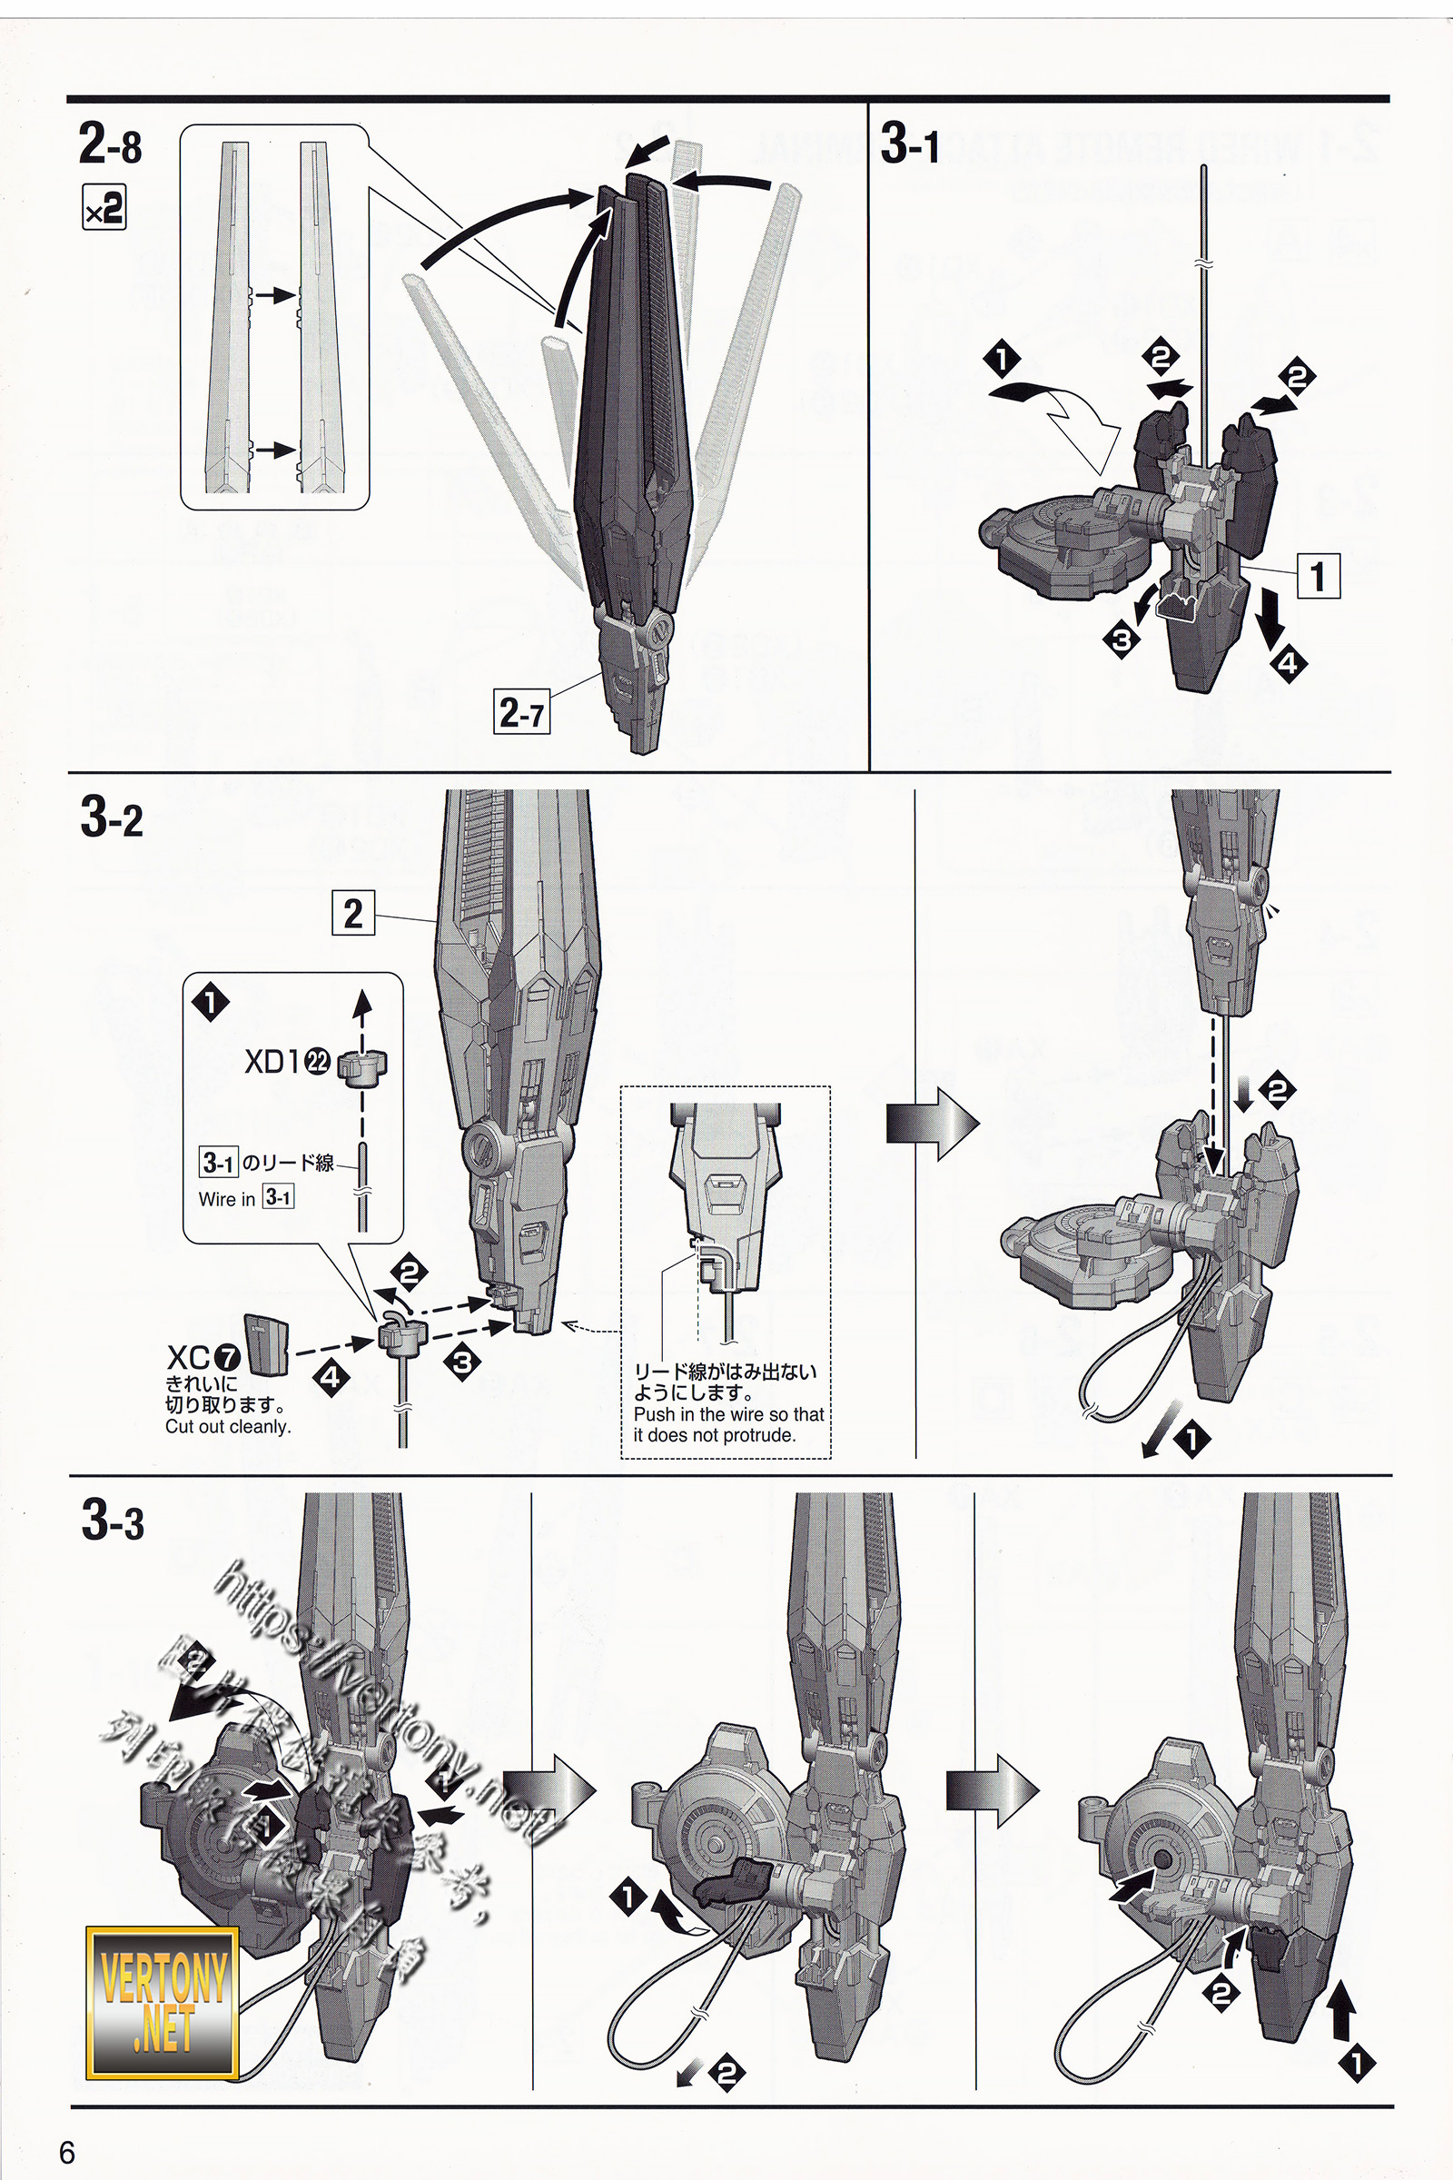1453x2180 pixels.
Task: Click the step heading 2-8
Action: point(110,144)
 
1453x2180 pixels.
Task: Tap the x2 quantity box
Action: point(104,208)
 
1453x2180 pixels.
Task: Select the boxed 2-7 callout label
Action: point(520,712)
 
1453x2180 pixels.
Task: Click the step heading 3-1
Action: point(910,144)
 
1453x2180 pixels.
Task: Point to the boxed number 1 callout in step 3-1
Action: point(1318,575)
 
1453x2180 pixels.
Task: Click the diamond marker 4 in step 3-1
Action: point(1288,663)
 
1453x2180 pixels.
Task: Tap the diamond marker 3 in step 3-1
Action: point(1122,639)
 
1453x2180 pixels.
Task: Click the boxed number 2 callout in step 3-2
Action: point(353,913)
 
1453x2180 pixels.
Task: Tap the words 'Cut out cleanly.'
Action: point(228,1426)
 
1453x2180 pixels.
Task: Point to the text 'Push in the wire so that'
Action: point(728,1414)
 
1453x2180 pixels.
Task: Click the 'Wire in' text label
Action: point(227,1198)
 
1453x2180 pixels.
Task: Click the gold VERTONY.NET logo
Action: point(163,2001)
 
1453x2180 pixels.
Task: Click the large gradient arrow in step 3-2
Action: point(933,1124)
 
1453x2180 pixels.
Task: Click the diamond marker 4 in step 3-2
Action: point(331,1377)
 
